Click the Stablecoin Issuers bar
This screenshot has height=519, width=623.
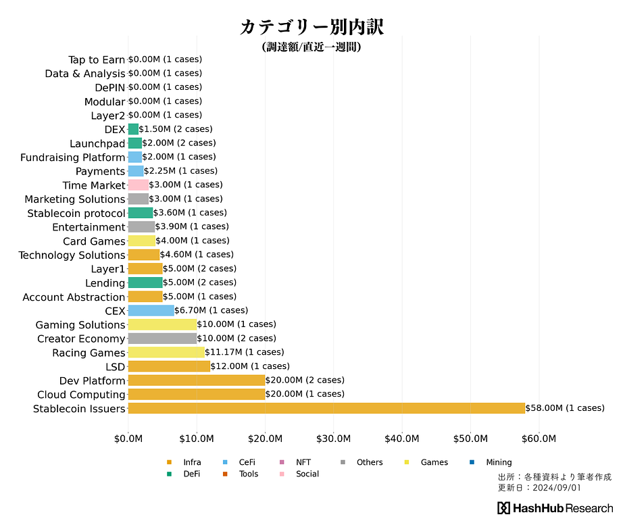point(326,408)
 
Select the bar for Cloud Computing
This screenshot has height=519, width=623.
point(197,394)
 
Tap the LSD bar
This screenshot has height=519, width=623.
point(169,366)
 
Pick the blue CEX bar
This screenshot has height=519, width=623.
point(151,310)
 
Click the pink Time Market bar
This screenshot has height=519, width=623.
point(138,184)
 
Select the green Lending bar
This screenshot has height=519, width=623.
point(145,282)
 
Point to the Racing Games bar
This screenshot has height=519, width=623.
point(166,352)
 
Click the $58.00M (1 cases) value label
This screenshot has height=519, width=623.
point(565,408)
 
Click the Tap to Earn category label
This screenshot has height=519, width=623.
point(97,60)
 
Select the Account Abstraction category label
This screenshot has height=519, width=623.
point(74,297)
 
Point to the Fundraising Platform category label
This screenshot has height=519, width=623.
point(73,157)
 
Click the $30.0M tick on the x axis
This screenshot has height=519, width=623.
point(334,439)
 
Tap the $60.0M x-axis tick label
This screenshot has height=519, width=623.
point(539,439)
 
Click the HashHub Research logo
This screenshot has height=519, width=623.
point(555,508)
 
